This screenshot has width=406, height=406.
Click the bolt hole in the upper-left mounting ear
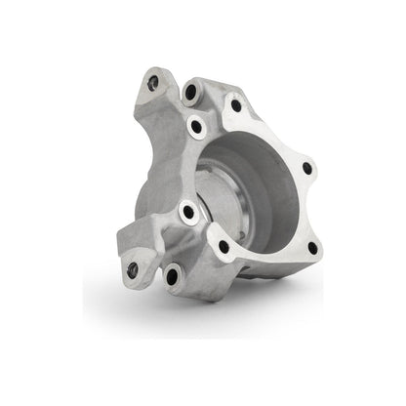tap(152, 85)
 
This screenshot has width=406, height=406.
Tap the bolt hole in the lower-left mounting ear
tap(133, 269)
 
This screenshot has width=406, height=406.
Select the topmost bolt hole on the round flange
tap(235, 104)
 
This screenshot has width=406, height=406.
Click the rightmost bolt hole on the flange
tap(307, 168)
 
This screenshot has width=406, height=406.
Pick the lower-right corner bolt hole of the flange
tap(312, 248)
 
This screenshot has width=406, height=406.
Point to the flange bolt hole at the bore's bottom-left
tap(224, 247)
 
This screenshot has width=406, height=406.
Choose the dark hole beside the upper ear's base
tap(191, 95)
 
